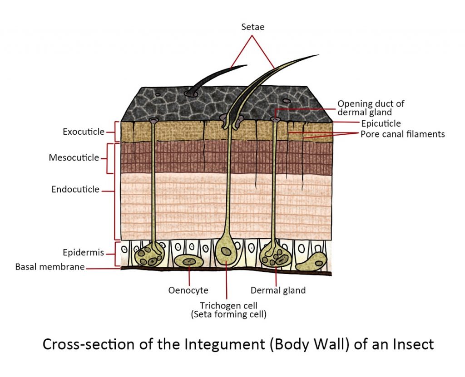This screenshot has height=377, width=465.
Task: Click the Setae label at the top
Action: point(252,27)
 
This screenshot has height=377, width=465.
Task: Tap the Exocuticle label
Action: point(84,132)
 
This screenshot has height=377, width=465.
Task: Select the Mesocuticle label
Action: point(74,158)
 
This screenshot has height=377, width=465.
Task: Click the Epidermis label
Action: point(84,252)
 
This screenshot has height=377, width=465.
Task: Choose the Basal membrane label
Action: point(50,267)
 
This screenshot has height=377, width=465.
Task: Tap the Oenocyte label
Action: point(189,290)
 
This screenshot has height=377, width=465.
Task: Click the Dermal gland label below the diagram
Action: point(278,290)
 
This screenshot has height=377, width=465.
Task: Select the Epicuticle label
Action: point(381,123)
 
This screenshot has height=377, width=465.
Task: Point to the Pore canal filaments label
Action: point(402,134)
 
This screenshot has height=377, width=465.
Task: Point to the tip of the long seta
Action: point(318,55)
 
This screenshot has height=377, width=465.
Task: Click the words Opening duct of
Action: point(371,104)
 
